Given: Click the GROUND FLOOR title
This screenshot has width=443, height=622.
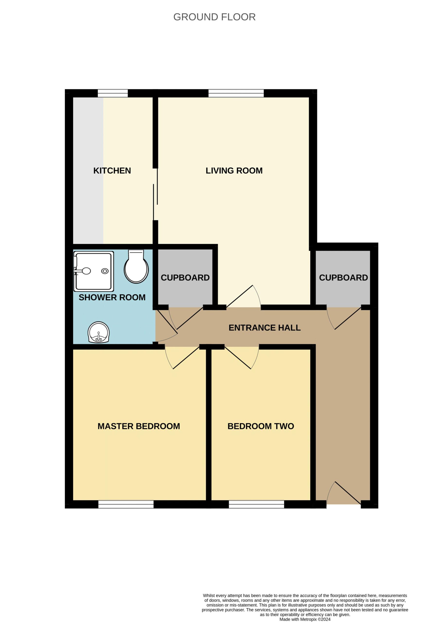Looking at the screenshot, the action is [x=214, y=17].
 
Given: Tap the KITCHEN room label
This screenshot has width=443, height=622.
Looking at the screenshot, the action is [x=112, y=171].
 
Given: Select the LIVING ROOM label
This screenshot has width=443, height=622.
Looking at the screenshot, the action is [x=234, y=171].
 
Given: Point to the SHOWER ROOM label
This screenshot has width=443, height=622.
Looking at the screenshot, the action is [x=112, y=297].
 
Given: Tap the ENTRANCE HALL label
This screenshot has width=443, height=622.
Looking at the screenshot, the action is [x=265, y=328].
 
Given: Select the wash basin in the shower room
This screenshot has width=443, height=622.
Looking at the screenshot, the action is [x=99, y=332].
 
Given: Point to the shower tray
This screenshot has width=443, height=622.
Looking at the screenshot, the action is [x=94, y=271].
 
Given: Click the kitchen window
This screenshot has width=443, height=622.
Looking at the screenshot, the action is [x=113, y=93].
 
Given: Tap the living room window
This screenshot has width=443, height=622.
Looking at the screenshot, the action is [x=236, y=93].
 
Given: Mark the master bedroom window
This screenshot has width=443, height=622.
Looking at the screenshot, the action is [x=126, y=504].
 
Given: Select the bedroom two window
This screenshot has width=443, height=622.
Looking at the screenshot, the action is [x=257, y=504].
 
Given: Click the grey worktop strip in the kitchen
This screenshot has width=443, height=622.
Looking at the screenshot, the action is [x=88, y=171].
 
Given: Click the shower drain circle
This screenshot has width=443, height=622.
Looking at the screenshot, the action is [x=105, y=271].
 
